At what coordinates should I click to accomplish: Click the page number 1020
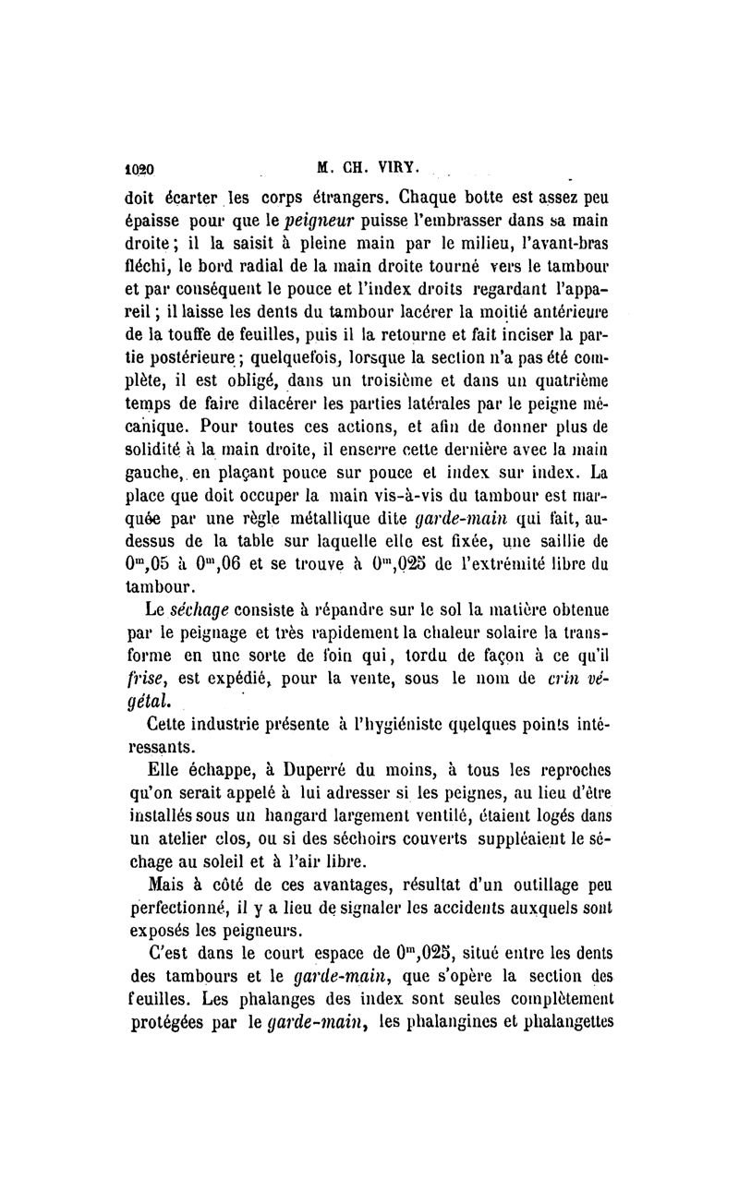pyautogui.click(x=139, y=170)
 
